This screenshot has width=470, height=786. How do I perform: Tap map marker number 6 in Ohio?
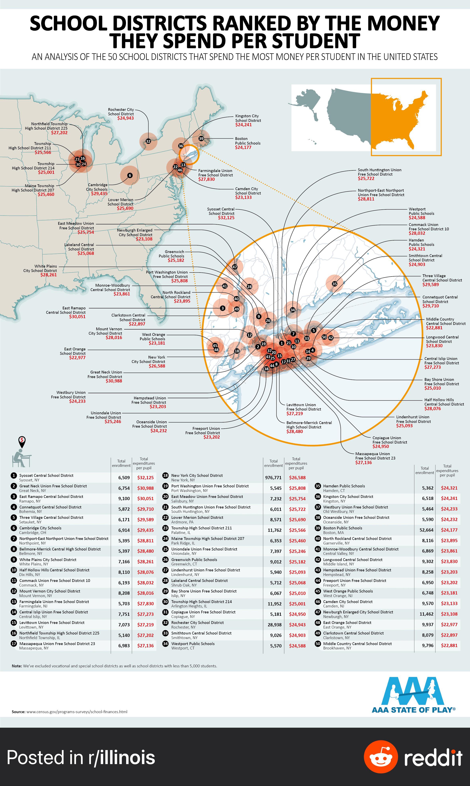tap(130, 175)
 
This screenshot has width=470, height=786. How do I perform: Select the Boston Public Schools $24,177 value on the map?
tap(243, 147)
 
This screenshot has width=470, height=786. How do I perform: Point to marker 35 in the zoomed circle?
tap(334, 284)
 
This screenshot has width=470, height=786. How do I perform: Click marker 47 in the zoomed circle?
tap(235, 267)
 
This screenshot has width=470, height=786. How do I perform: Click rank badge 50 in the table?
tap(318, 644)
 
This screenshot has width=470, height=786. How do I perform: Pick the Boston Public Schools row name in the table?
tap(342, 528)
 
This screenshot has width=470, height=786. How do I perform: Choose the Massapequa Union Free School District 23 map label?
tap(375, 456)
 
